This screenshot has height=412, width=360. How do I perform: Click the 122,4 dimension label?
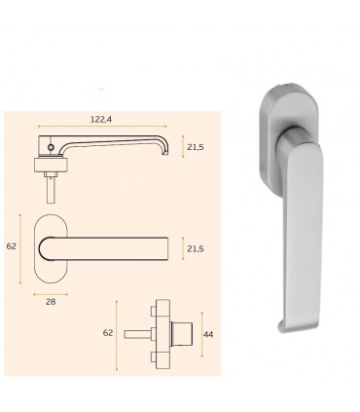tap(101, 119)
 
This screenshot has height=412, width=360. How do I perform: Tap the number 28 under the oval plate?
tap(51, 302)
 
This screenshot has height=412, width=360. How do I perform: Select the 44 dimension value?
tap(208, 334)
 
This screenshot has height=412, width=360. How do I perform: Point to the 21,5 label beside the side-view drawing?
tap(196, 147)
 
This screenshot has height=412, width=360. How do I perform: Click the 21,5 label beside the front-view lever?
tap(196, 248)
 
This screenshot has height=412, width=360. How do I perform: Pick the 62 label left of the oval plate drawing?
tap(12, 246)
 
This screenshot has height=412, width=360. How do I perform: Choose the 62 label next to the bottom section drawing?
tap(108, 333)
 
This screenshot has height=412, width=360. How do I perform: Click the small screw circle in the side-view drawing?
tap(51, 147)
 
